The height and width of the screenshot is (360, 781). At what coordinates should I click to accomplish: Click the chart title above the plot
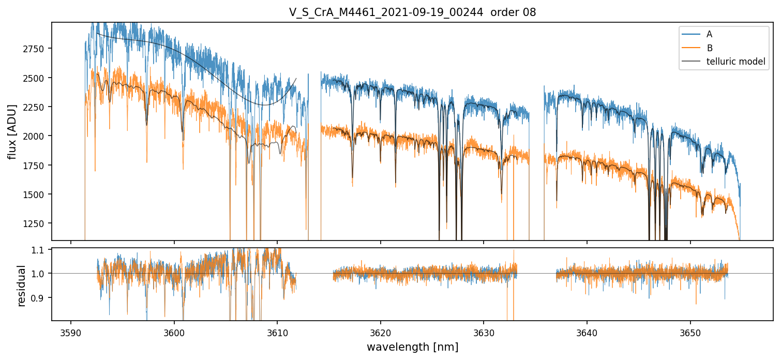point(412,12)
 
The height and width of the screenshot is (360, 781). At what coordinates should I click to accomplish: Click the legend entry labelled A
point(709,34)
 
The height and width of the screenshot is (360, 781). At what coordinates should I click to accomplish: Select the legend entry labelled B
point(709,48)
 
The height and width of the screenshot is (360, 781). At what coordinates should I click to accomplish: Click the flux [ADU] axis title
point(12,131)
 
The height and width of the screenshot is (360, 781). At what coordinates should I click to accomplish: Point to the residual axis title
point(22,286)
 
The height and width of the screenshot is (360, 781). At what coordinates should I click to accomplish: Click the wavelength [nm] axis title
point(412,347)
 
